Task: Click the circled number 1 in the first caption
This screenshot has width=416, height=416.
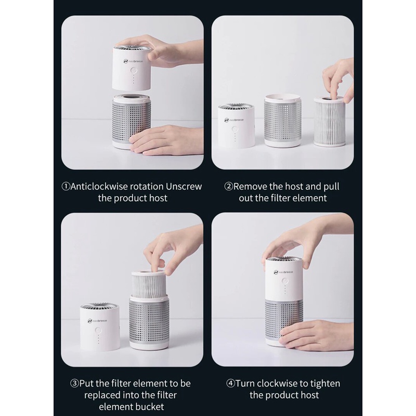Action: [x=66, y=187]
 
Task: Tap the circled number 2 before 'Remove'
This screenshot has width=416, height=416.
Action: [x=229, y=187]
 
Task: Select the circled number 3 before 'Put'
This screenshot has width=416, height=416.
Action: [x=74, y=383]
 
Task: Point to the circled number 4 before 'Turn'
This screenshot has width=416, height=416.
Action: [x=230, y=383]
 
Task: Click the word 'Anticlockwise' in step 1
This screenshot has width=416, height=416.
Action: [x=99, y=187]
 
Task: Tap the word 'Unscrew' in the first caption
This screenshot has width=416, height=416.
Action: [x=184, y=187]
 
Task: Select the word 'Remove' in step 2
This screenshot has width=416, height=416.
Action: [x=250, y=187]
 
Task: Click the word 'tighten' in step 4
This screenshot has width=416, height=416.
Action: [x=325, y=384]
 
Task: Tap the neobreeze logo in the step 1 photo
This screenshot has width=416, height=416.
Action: [x=133, y=61]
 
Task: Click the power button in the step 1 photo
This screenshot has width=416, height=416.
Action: [x=134, y=71]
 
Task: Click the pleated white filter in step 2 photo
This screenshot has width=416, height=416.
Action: [x=330, y=121]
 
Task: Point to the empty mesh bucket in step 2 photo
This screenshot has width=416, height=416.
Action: [x=282, y=120]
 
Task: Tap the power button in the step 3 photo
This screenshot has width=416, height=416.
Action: [x=98, y=331]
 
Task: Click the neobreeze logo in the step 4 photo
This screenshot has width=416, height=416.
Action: [x=283, y=272]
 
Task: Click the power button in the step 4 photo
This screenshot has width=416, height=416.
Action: [x=285, y=281]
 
